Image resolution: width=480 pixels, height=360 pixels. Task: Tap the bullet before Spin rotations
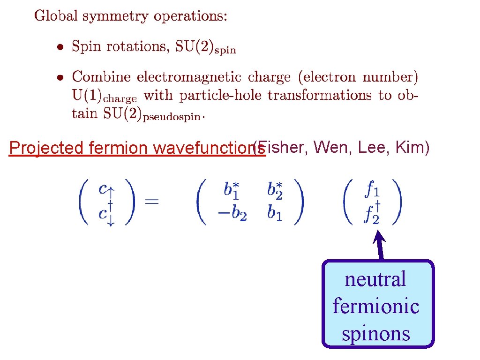(x=60, y=47)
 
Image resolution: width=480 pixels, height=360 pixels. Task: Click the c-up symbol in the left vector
(x=104, y=190)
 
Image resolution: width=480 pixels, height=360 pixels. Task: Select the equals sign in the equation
(x=152, y=202)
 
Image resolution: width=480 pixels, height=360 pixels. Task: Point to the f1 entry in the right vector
(x=373, y=190)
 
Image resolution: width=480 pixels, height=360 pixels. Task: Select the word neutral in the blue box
(x=375, y=279)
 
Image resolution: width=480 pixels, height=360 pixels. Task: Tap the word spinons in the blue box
(x=376, y=334)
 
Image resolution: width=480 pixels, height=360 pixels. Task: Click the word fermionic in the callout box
(x=376, y=307)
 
